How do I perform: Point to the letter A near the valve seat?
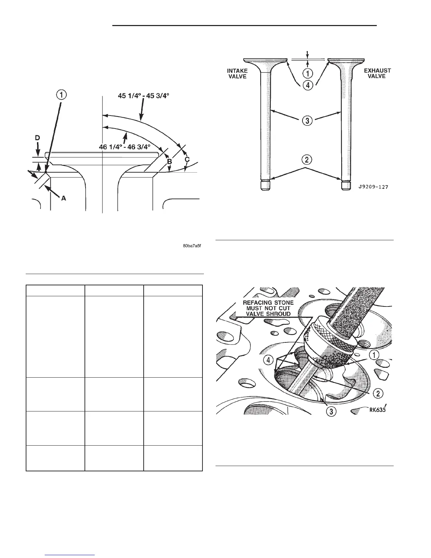click(64, 198)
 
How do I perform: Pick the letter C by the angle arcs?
click(187, 159)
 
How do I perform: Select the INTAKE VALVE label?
click(237, 74)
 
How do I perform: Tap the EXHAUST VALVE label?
click(377, 73)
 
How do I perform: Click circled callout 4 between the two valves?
click(308, 85)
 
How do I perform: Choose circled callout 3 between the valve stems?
click(307, 120)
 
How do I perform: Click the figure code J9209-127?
click(373, 187)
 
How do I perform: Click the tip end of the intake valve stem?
click(266, 185)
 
